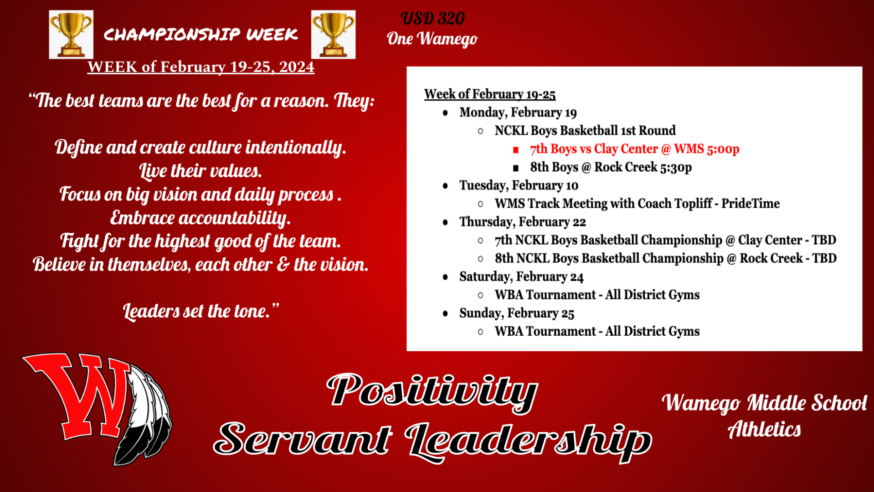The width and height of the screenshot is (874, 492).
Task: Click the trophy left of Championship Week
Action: coord(71,35)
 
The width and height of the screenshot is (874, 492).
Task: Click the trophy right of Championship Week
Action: coord(333,35)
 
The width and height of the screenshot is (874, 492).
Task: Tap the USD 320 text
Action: coord(432,19)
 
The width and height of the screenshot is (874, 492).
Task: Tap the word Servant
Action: coord(303,438)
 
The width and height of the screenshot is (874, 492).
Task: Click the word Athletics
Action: coord(764,429)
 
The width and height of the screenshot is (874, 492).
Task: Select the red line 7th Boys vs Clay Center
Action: coord(634,149)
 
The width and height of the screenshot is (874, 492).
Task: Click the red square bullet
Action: coord(516,150)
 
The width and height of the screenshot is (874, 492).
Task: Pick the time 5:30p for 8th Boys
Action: coord(676,167)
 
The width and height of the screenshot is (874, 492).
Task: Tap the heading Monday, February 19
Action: coord(518,113)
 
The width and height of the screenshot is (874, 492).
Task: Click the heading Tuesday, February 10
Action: coord(519,185)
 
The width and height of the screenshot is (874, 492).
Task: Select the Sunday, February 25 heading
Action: coord(517,313)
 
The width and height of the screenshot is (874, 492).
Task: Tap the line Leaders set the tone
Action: coord(201,311)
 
